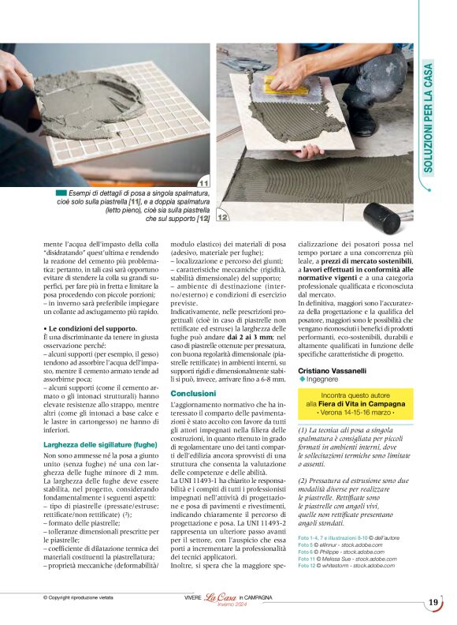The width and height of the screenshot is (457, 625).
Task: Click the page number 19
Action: pos(433,603)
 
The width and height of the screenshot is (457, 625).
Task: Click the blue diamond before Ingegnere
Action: pos(302,380)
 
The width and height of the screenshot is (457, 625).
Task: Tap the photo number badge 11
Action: pos(203,183)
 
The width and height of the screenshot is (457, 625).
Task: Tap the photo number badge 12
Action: pos(223,216)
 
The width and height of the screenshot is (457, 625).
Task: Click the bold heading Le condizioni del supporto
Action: pos(92,327)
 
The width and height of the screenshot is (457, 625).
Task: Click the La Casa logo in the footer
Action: pos(221,597)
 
